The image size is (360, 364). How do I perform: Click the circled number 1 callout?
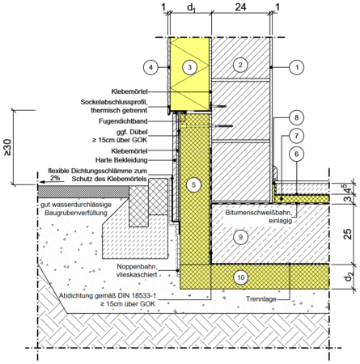point(297,67)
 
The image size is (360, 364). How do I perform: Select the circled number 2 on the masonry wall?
point(240,65)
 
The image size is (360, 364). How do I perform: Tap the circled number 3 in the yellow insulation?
point(189,67)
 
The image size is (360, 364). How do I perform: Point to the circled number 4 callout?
point(150,67)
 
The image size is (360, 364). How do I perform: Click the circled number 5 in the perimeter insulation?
point(193,185)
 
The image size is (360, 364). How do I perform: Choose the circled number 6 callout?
point(296,154)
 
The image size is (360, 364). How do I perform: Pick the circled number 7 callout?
point(296,136)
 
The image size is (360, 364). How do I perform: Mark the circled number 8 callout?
point(296,117)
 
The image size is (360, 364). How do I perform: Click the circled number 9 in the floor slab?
point(240,237)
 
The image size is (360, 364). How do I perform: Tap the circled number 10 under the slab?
point(241,277)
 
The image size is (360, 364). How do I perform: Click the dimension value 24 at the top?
point(240,6)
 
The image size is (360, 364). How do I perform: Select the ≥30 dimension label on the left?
point(7,147)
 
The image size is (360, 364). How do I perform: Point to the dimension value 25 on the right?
point(348,234)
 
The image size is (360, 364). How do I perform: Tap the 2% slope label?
point(55,178)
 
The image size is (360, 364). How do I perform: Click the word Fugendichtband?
point(123,121)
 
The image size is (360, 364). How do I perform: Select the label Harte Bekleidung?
point(121,160)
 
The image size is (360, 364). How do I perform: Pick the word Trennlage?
point(261,299)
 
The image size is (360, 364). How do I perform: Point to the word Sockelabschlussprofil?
point(114,102)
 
